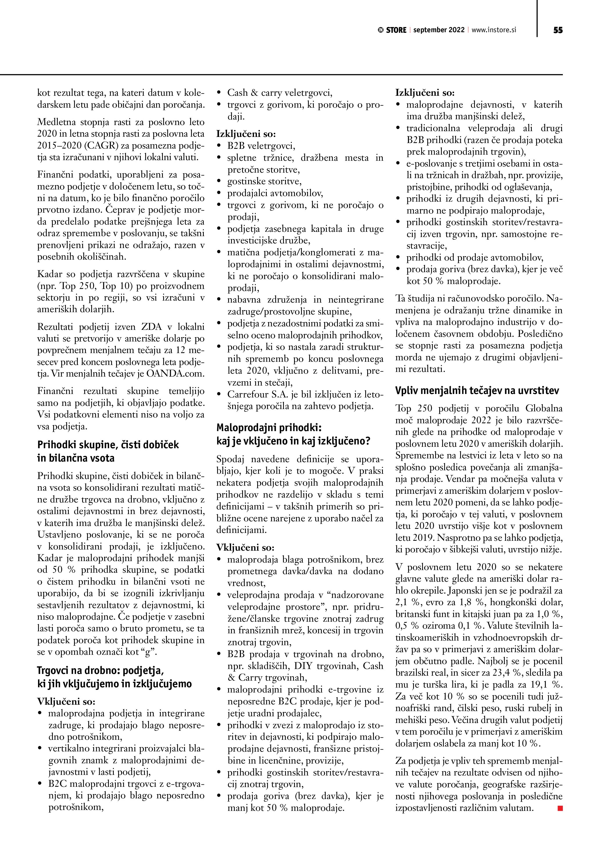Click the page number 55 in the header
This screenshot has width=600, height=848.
558,30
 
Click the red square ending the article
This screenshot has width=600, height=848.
560,809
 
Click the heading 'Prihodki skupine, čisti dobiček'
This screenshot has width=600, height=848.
108,445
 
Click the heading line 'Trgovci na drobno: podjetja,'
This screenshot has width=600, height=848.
100,670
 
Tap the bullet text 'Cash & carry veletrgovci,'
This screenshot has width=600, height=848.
280,93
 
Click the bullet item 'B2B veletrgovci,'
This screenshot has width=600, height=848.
261,146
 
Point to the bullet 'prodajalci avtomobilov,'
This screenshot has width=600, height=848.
275,193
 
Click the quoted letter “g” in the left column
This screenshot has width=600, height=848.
148,652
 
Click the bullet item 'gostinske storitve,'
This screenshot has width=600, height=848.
264,181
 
